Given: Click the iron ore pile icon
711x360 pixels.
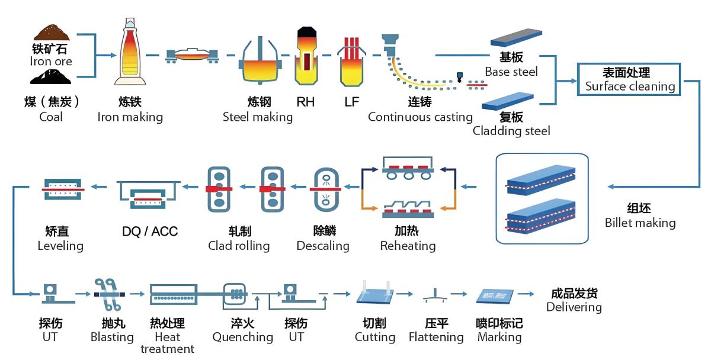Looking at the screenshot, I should (x=52, y=32).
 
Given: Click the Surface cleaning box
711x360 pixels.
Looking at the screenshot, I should (x=630, y=79).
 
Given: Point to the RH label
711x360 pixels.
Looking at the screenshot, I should (x=305, y=102).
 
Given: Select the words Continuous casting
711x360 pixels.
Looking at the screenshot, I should (x=420, y=117).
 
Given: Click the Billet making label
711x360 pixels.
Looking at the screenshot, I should (x=640, y=223).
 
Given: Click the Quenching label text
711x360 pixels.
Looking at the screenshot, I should (x=242, y=337).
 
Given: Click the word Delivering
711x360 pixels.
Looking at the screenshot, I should (x=574, y=307).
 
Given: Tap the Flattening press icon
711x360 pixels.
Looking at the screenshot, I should (x=435, y=295).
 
